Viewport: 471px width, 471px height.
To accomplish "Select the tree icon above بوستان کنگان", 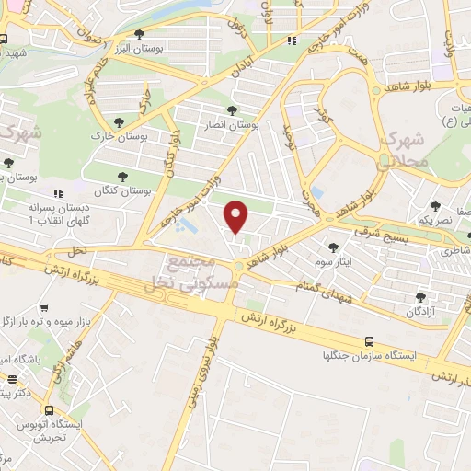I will pos(122,176).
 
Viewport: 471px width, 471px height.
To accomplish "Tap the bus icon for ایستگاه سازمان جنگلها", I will pos(369,340).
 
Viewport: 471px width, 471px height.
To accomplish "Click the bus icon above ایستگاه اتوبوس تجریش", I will pos(50,410).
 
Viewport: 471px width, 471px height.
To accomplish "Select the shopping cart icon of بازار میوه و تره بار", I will pos(42,304).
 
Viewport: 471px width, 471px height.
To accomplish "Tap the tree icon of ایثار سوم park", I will pos(332,246).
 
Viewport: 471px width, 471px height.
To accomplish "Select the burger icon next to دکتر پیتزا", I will pos(12,378).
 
